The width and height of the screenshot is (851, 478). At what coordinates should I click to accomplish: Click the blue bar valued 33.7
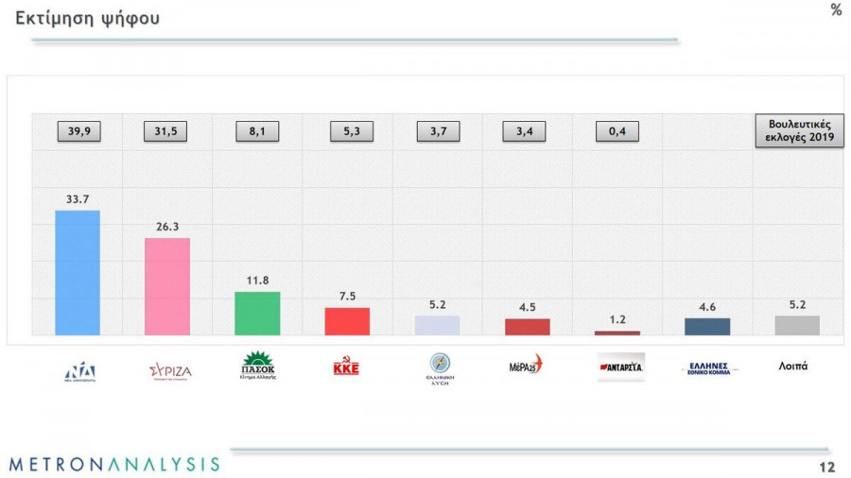[x=78, y=272]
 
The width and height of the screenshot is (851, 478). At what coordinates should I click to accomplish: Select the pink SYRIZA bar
[x=167, y=286]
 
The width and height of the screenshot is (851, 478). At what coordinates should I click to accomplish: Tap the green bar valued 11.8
[x=257, y=313]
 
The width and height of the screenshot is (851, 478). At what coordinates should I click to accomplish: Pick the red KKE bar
[x=347, y=321]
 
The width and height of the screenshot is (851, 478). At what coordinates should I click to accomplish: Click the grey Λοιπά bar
[x=797, y=325]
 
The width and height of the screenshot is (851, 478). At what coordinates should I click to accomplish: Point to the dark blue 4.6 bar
[x=707, y=326]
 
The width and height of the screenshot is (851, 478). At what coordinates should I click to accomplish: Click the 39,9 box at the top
[x=78, y=132]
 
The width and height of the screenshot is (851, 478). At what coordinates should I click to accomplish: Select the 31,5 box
[x=166, y=132]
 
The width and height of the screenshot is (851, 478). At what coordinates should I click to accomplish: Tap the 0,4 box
[x=617, y=132]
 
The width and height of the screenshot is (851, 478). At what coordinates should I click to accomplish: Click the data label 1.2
[x=617, y=319]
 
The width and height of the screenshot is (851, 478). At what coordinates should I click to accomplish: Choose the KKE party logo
[x=346, y=368]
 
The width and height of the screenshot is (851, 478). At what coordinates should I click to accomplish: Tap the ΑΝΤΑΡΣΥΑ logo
[x=620, y=367]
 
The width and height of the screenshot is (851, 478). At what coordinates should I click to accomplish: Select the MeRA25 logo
[x=526, y=365]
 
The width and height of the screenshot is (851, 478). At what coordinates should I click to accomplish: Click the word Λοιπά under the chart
[x=792, y=366]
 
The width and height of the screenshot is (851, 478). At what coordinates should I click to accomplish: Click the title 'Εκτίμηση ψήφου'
[x=88, y=18]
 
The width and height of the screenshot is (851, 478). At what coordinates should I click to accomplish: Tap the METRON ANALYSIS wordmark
[x=114, y=464]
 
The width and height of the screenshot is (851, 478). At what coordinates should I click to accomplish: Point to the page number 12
[x=826, y=467]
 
